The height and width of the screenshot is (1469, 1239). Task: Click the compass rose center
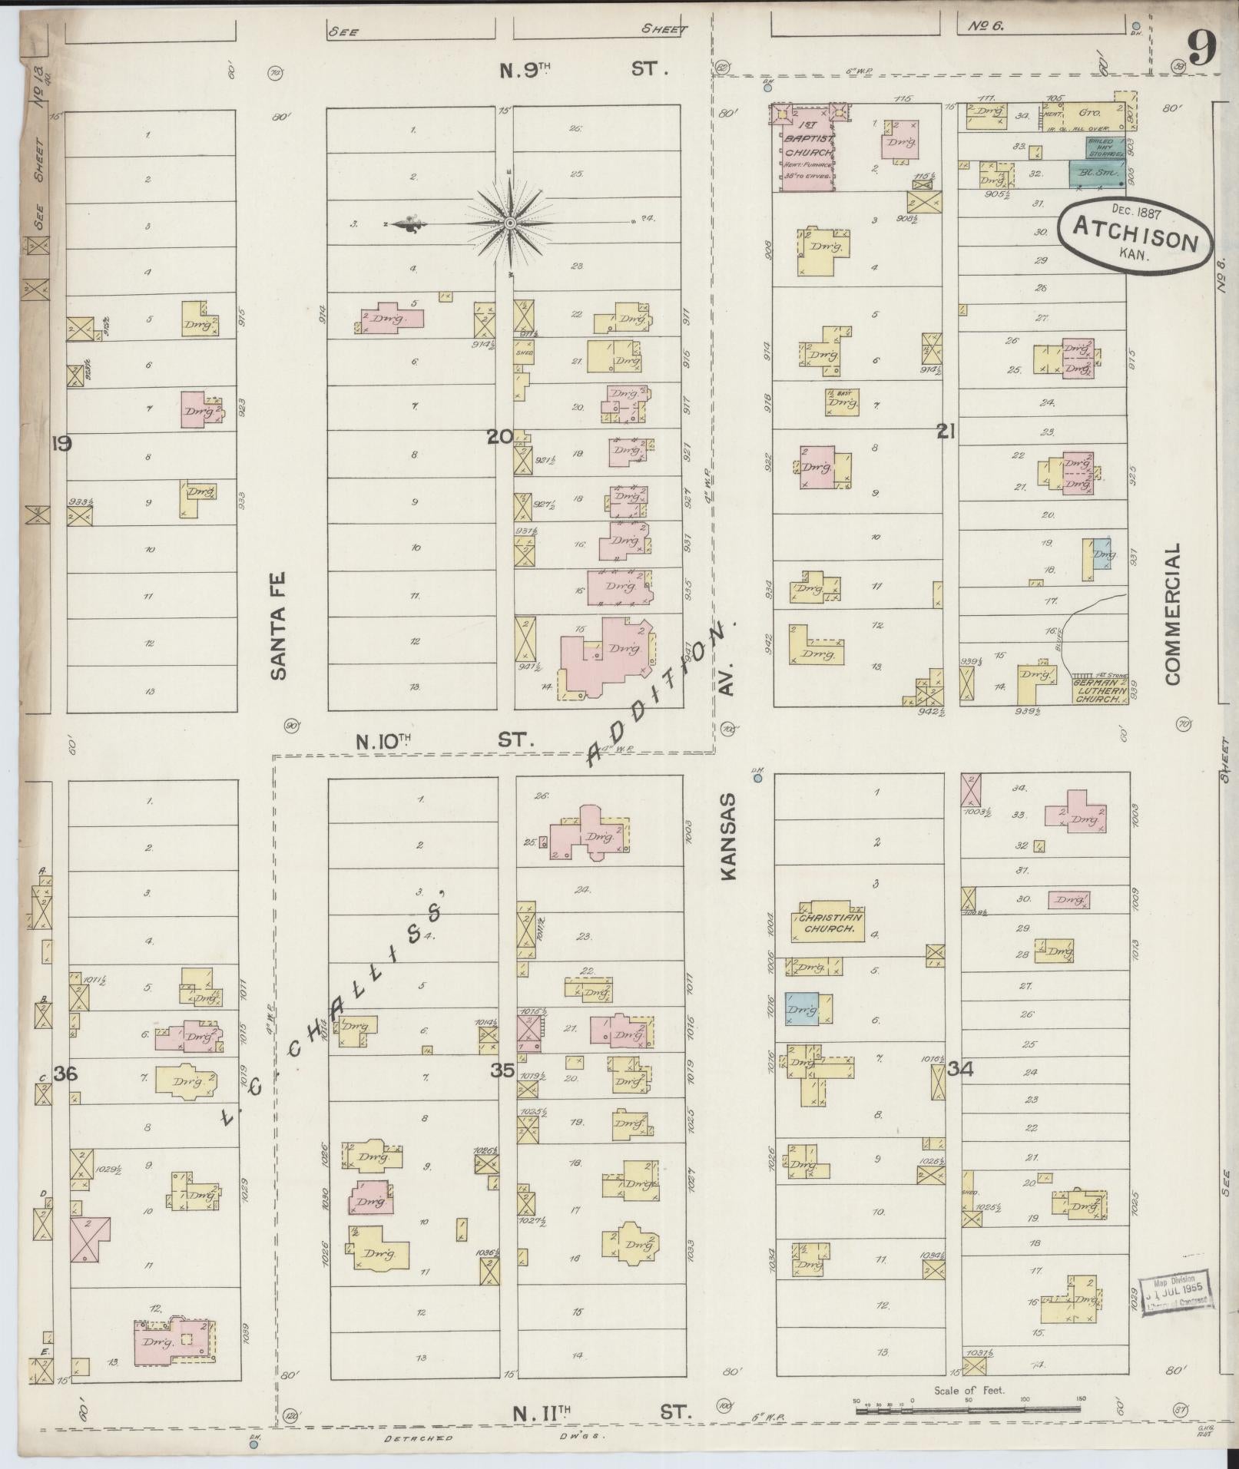pos(509,223)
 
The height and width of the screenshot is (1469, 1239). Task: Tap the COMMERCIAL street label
pos(1171,614)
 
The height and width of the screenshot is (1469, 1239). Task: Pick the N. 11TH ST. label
pos(603,1411)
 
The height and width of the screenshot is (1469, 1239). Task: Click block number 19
pos(61,443)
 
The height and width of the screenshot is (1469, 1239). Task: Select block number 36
pos(65,1075)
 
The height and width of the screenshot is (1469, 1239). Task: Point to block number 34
pos(960,1069)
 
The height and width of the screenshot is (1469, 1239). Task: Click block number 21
pos(946,432)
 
